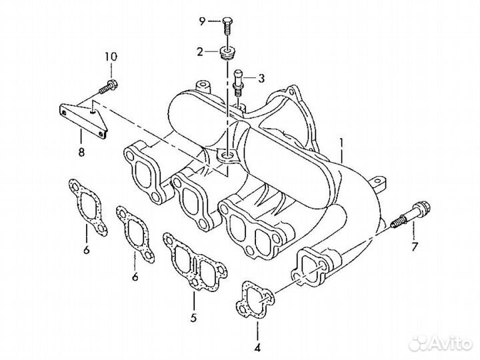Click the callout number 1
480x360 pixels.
point(341,142)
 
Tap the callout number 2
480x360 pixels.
point(199,51)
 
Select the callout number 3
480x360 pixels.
point(261,79)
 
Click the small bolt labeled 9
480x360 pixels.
point(227,24)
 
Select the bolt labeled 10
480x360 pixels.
point(109,86)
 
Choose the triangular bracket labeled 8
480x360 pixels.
point(84,117)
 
